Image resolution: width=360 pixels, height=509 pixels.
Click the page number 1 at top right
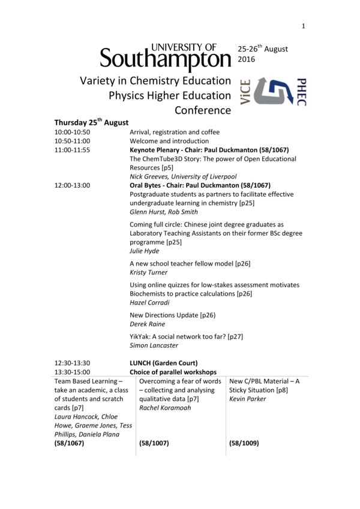pyautogui.click(x=304, y=26)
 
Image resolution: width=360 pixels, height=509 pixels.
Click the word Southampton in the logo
pyautogui.click(x=165, y=59)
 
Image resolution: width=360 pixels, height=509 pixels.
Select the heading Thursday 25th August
pyautogui.click(x=91, y=122)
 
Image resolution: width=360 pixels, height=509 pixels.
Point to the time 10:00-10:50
pyautogui.click(x=72, y=132)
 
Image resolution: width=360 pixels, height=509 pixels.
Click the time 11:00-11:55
pyautogui.click(x=72, y=150)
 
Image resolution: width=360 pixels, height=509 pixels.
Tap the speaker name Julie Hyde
pyautogui.click(x=145, y=251)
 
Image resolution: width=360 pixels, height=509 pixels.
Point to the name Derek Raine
pyautogui.click(x=148, y=324)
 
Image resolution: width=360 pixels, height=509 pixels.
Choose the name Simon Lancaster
pyautogui.click(x=154, y=345)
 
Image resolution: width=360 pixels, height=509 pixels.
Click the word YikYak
pyautogui.click(x=141, y=336)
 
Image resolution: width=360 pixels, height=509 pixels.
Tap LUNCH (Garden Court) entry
pyautogui.click(x=164, y=363)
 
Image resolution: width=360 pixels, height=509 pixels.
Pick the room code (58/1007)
pyautogui.click(x=154, y=444)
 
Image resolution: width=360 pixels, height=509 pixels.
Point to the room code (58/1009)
pyautogui.click(x=244, y=444)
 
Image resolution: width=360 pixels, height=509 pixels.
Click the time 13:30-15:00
pyautogui.click(x=72, y=372)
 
